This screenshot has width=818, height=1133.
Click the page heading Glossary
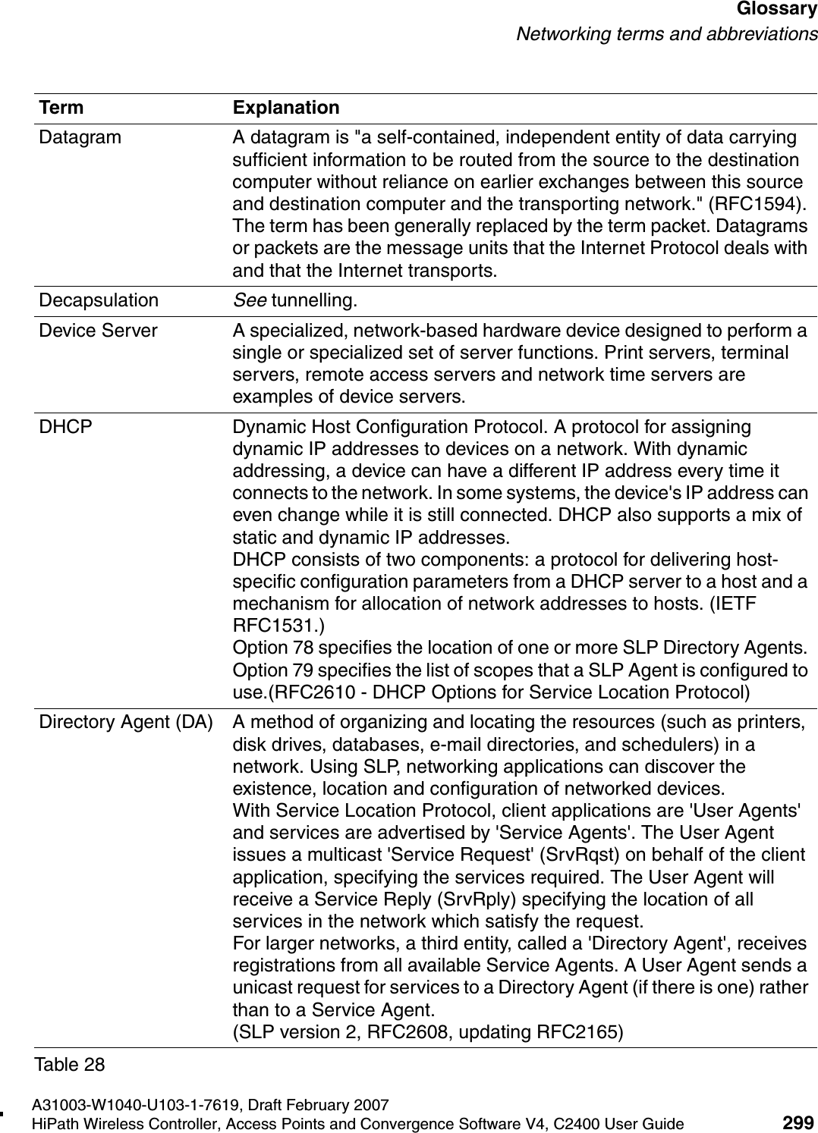775,11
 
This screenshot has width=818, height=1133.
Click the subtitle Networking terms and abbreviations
666,34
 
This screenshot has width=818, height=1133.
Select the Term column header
61,108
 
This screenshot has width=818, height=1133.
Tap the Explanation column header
286,108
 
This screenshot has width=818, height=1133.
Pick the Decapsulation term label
99,300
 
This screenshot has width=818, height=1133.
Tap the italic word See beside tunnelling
249,300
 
